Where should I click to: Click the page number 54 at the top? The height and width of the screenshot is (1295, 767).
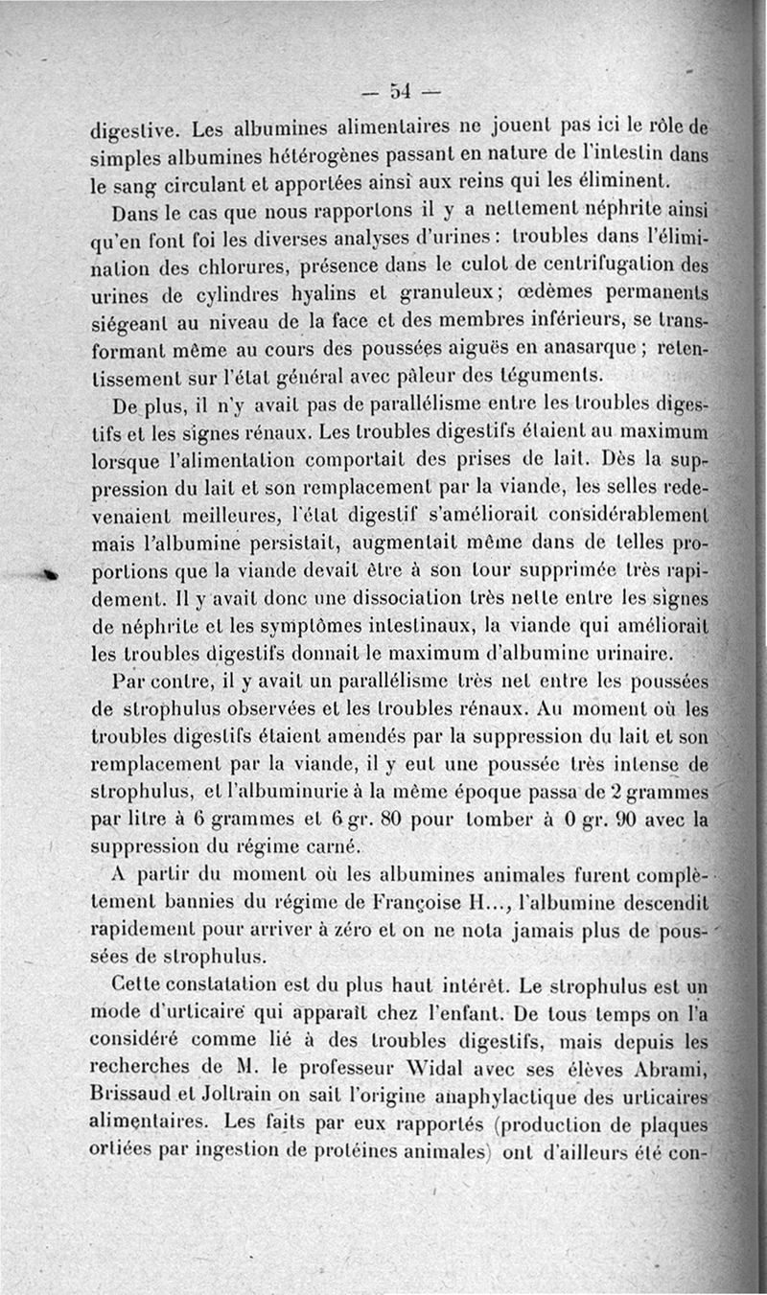(400, 92)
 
